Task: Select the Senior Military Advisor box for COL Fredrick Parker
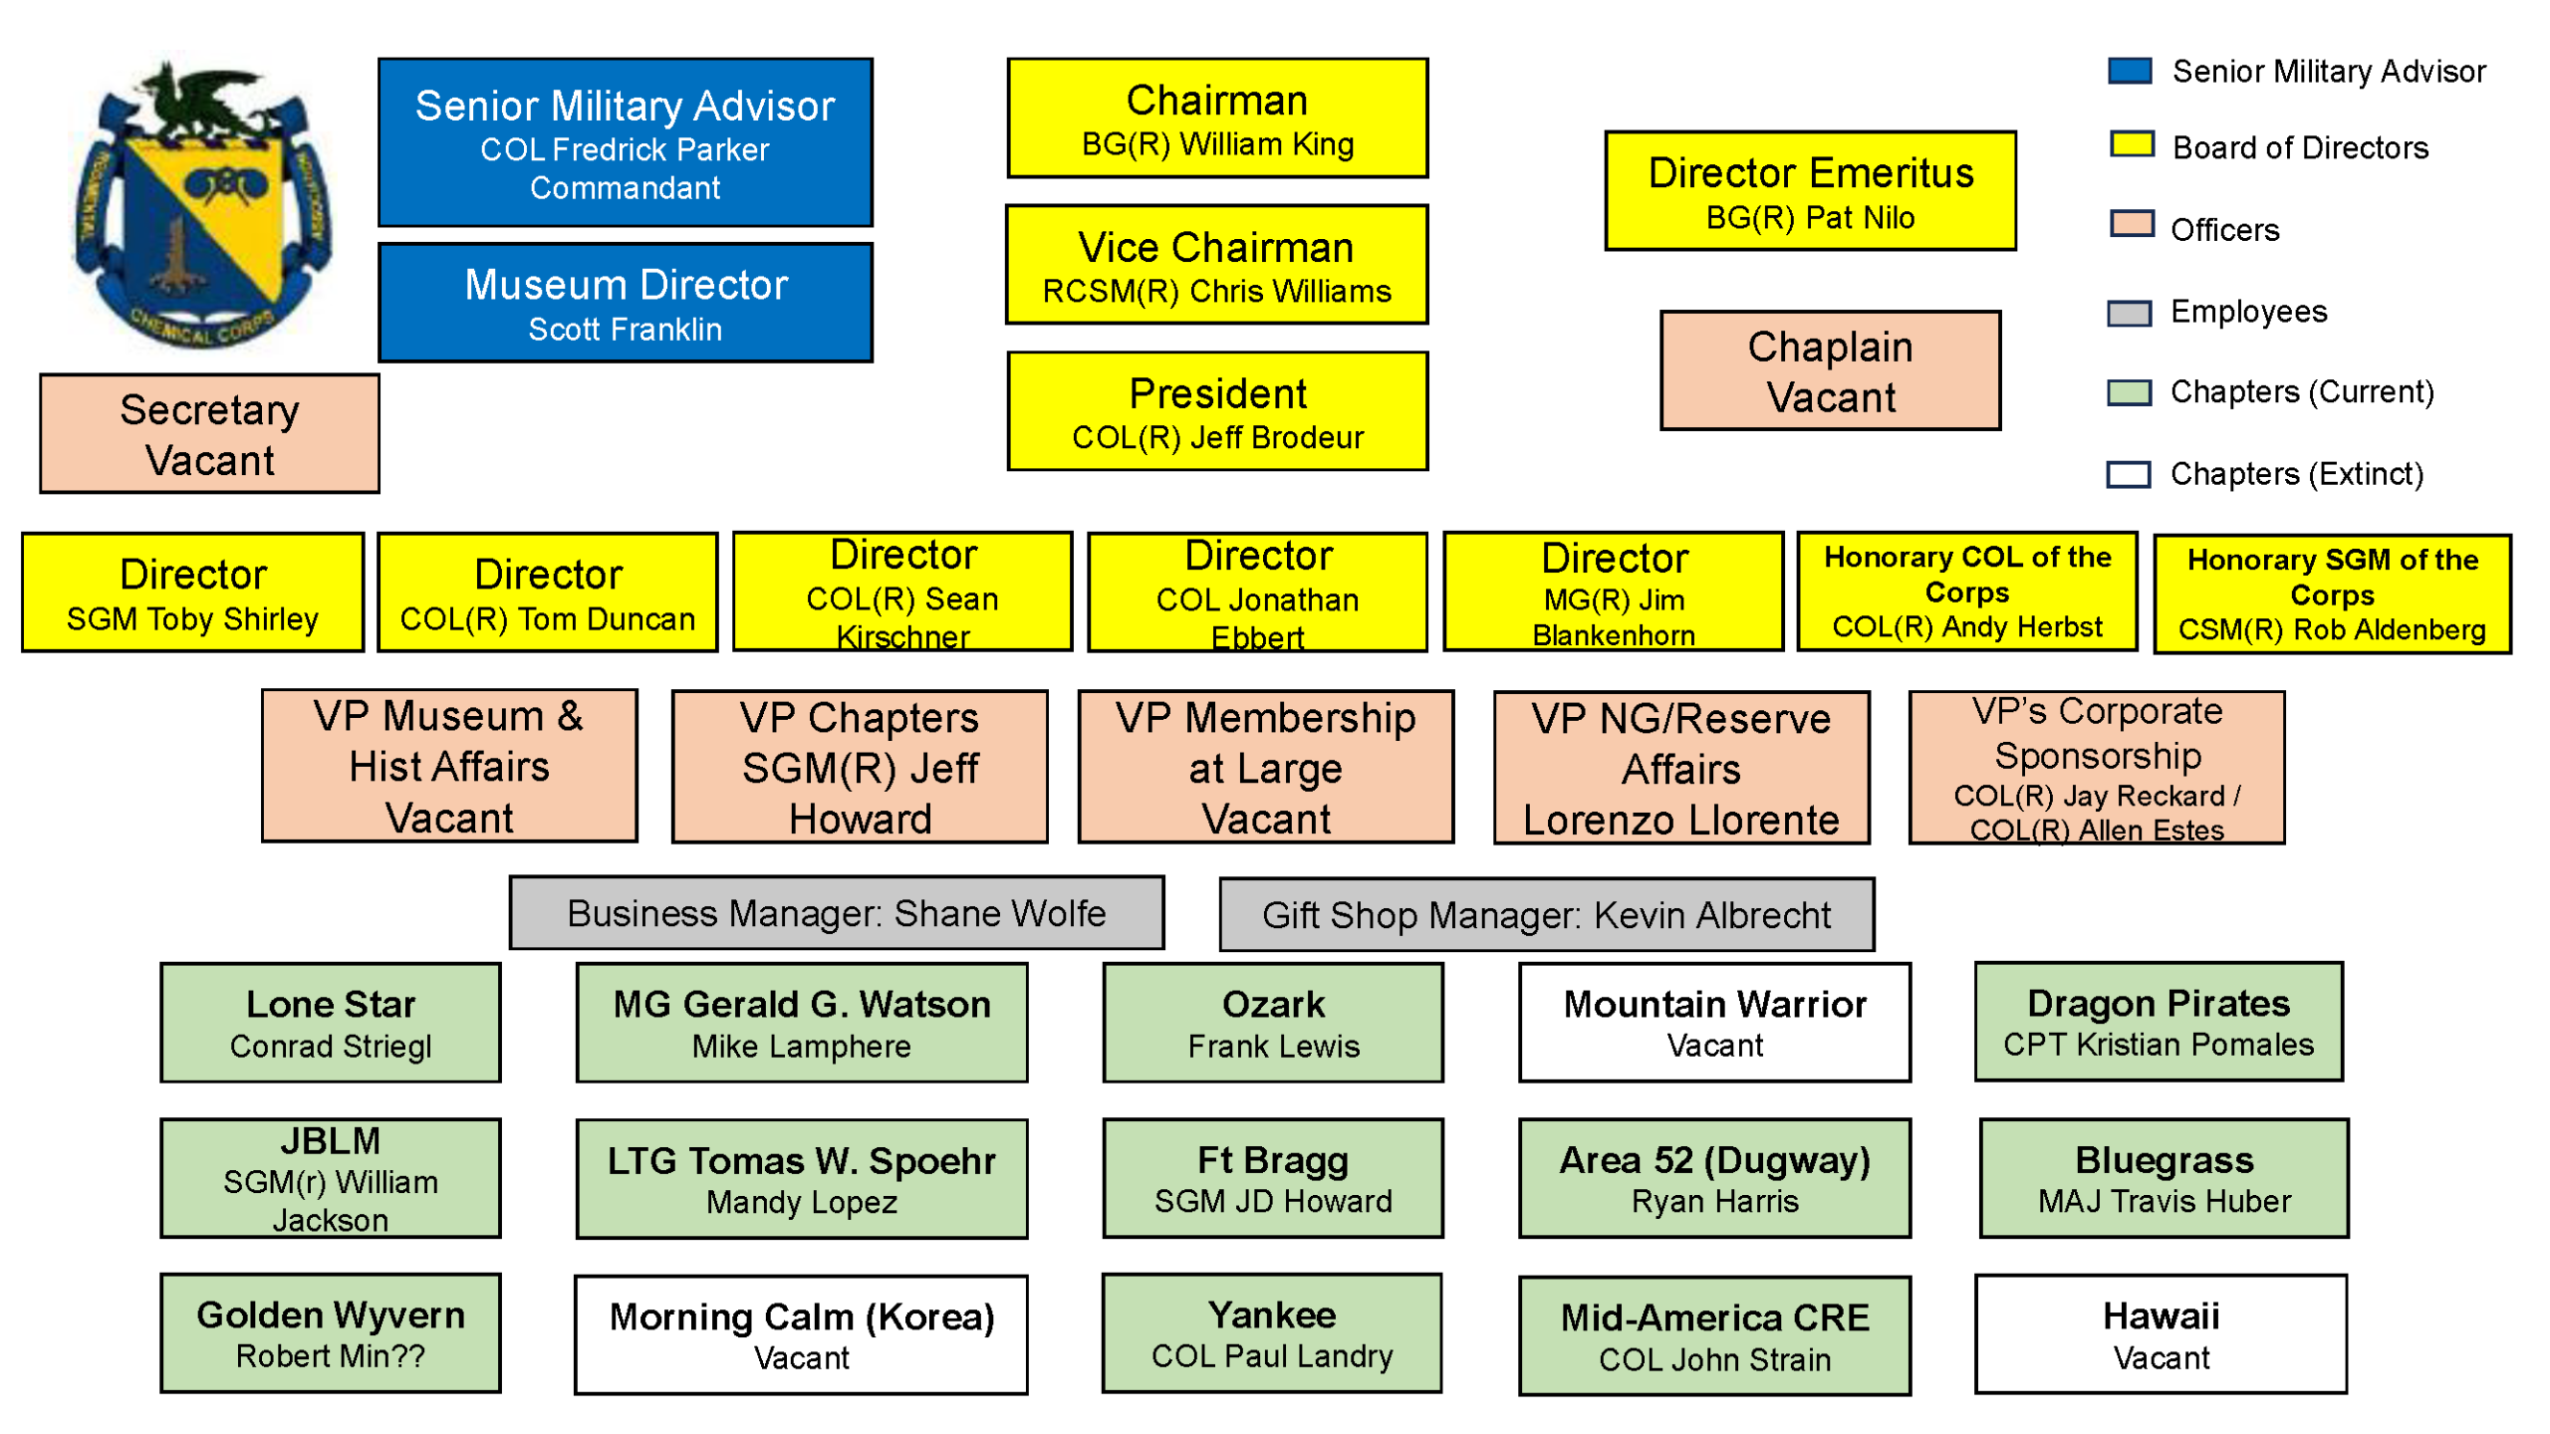click(625, 142)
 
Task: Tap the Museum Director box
click(625, 303)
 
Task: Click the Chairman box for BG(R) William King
click(1216, 119)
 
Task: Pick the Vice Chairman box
click(1216, 265)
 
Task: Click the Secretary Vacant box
click(209, 433)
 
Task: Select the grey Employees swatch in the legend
click(2129, 313)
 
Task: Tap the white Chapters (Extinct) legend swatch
click(2129, 474)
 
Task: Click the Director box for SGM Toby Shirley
click(192, 593)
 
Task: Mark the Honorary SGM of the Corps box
click(2331, 595)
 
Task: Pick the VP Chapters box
click(860, 767)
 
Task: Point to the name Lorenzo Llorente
click(1680, 820)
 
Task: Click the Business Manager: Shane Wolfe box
click(836, 912)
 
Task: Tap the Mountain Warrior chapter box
click(1713, 1022)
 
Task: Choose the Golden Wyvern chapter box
click(330, 1332)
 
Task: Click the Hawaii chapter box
click(2160, 1333)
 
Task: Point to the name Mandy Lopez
click(801, 1202)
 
